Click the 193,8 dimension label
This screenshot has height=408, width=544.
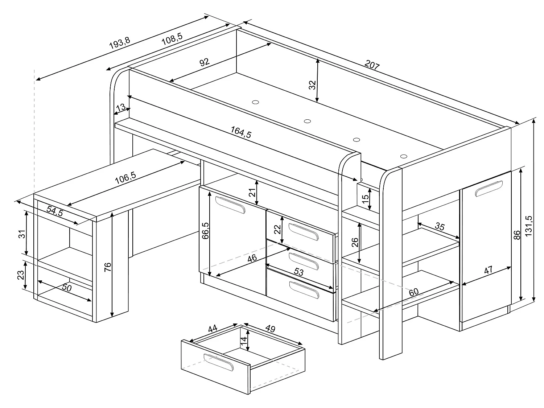click(119, 44)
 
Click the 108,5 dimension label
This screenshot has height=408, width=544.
click(172, 38)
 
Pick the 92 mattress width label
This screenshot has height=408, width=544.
click(205, 62)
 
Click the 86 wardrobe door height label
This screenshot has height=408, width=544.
click(517, 235)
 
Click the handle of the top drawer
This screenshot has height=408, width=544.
click(303, 231)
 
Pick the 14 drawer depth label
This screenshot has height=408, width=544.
click(244, 340)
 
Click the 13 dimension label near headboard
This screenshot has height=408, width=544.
click(121, 107)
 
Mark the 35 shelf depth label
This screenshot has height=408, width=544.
click(439, 227)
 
